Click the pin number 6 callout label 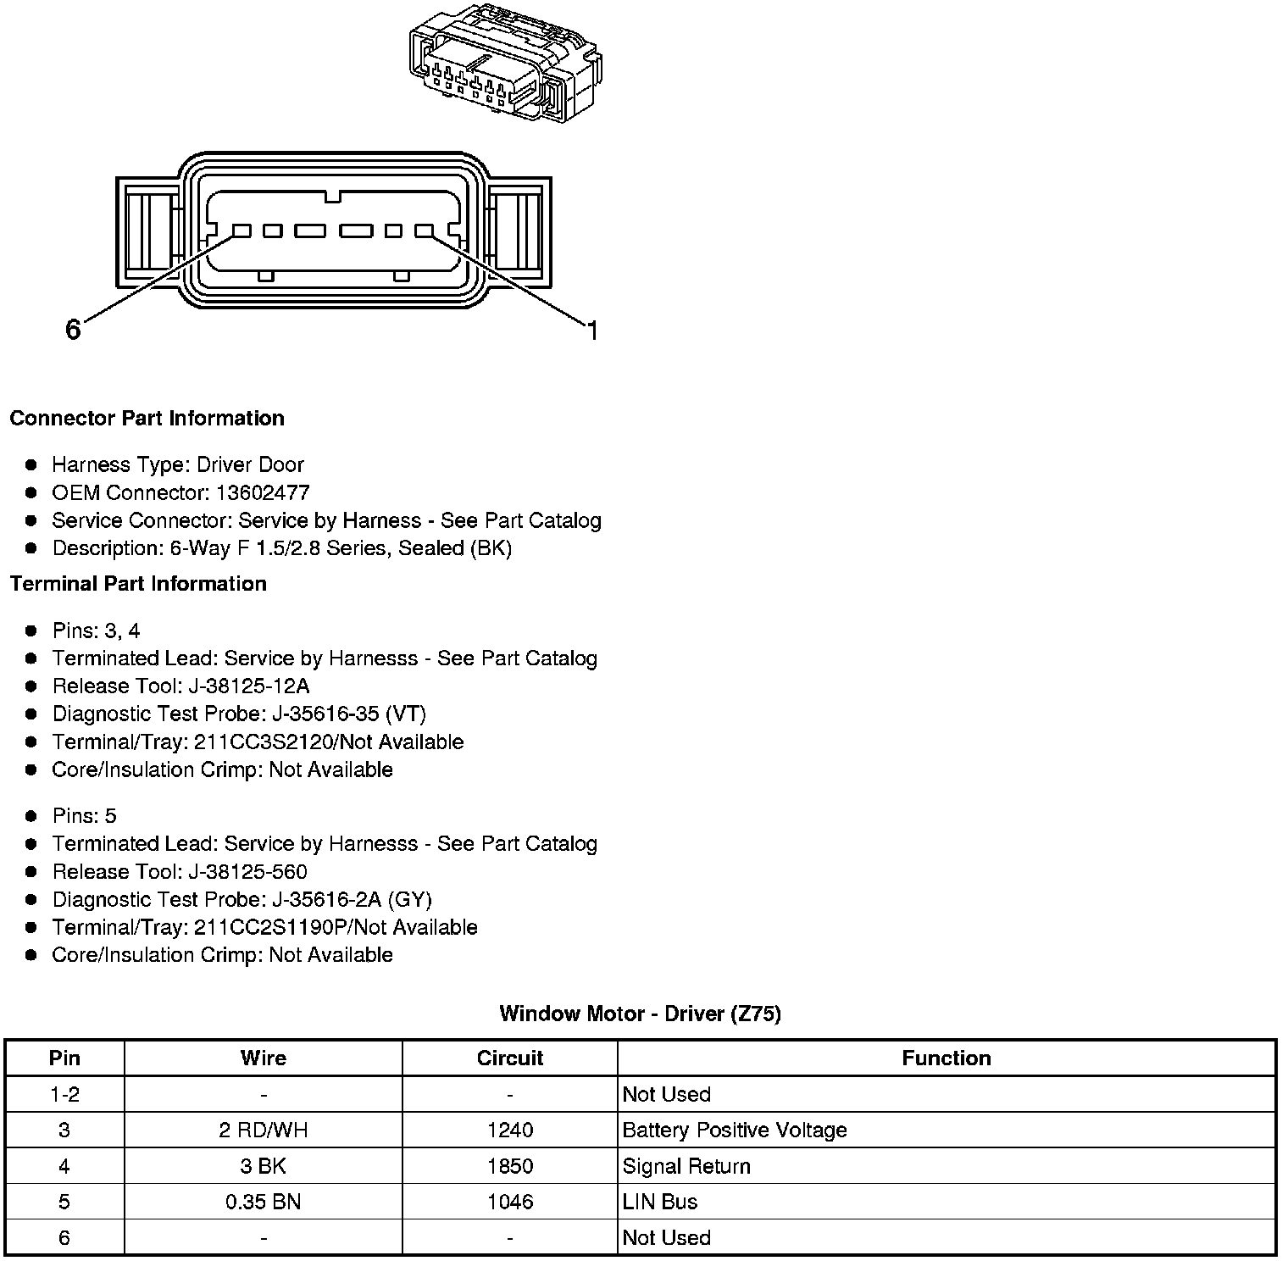(x=73, y=330)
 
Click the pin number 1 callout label (x=592, y=331)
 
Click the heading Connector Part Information (x=147, y=419)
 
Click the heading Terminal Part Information (x=138, y=584)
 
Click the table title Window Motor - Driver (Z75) (x=640, y=1014)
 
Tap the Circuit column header (x=509, y=1058)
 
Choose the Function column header (x=946, y=1058)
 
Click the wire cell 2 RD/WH (x=263, y=1130)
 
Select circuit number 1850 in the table (x=509, y=1166)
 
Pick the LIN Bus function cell (x=659, y=1202)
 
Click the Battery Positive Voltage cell (x=734, y=1130)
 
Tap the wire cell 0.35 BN (x=263, y=1202)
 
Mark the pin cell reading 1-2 (x=64, y=1094)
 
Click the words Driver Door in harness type (x=250, y=464)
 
